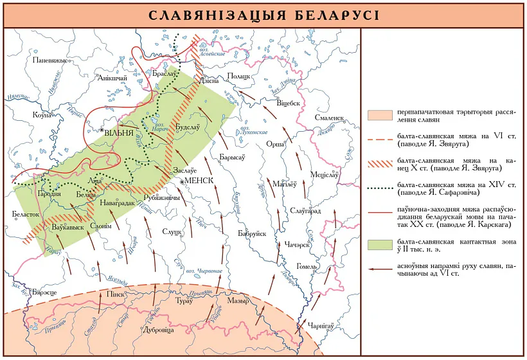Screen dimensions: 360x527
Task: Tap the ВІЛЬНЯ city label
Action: click(x=119, y=134)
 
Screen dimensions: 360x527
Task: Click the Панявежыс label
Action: click(x=49, y=60)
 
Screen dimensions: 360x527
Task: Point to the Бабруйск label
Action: click(x=252, y=234)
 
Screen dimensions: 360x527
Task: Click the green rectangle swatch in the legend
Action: click(x=380, y=244)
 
